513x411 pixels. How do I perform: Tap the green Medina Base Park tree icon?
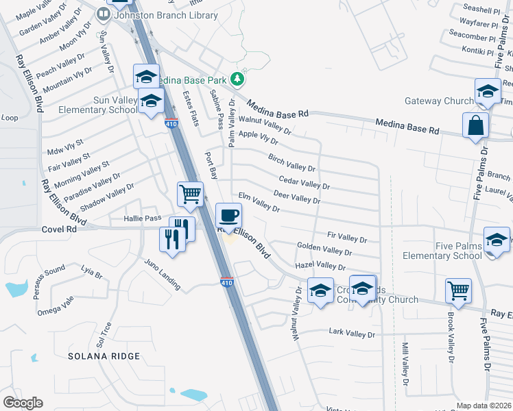(x=238, y=79)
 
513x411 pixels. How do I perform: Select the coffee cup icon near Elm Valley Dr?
(x=229, y=215)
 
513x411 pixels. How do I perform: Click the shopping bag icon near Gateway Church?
(x=476, y=125)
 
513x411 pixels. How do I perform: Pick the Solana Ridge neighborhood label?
(x=104, y=356)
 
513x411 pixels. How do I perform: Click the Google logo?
(x=23, y=403)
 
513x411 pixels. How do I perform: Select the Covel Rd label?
(x=58, y=230)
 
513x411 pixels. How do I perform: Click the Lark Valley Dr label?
(x=352, y=334)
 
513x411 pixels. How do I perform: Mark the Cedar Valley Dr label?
(x=305, y=183)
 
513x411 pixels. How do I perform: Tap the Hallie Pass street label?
(x=142, y=219)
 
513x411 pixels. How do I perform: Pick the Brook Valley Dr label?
(x=450, y=338)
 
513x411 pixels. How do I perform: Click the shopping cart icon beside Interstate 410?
(x=190, y=193)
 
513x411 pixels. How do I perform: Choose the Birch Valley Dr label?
(x=291, y=163)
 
